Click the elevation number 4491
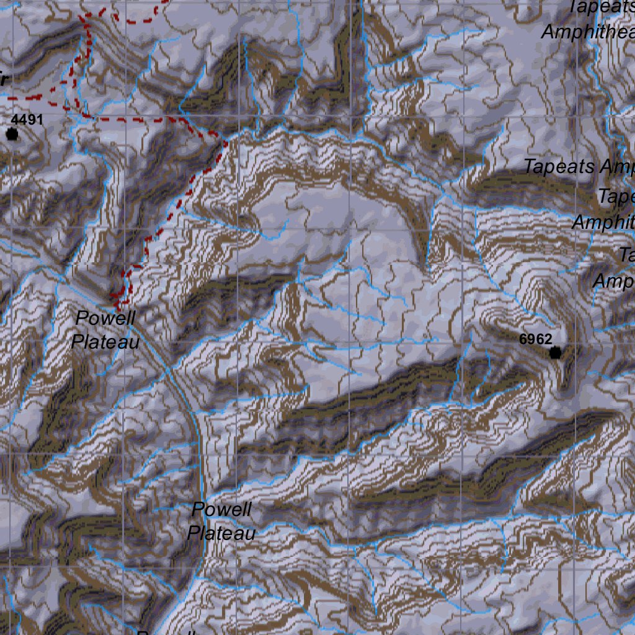click(x=27, y=119)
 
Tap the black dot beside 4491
click(x=12, y=134)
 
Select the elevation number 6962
click(x=536, y=339)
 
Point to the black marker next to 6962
click(x=555, y=353)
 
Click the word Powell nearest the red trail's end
click(x=105, y=318)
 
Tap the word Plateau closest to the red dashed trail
click(x=105, y=342)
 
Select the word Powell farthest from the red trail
click(x=221, y=510)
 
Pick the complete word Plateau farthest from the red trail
click(x=221, y=533)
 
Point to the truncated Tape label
click(x=616, y=197)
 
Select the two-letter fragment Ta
click(x=627, y=255)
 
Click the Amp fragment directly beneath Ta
click(x=613, y=281)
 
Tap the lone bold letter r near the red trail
click(x=3, y=79)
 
